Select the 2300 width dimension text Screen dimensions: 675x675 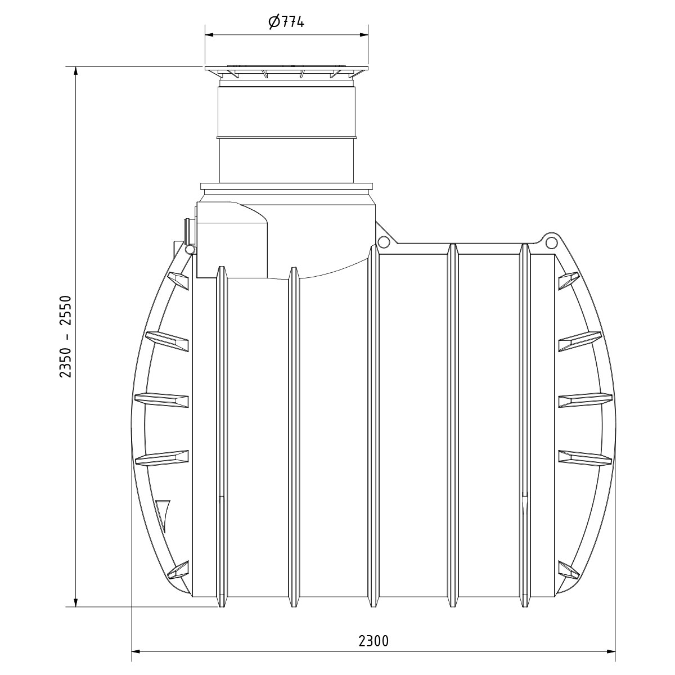[373, 641]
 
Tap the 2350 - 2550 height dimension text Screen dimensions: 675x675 [67, 336]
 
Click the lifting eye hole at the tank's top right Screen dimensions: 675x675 [550, 241]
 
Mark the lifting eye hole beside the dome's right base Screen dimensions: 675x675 [384, 242]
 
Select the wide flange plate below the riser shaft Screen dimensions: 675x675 [286, 186]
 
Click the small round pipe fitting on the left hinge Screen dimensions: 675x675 [190, 249]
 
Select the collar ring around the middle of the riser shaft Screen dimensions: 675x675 [286, 136]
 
